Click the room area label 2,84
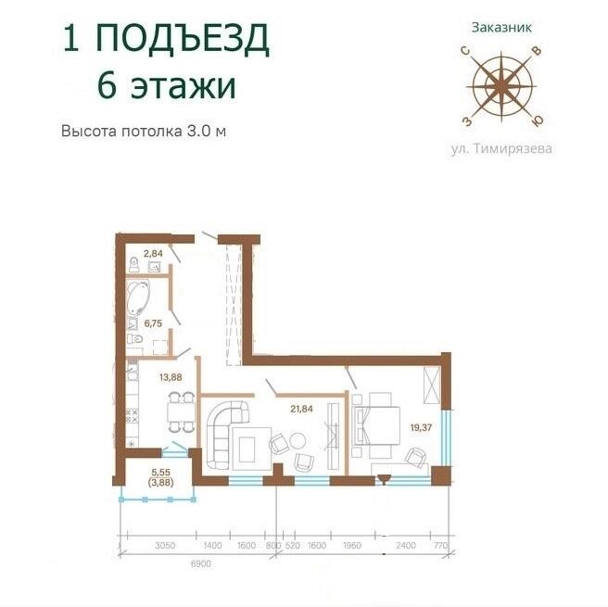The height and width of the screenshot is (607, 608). [x=153, y=254]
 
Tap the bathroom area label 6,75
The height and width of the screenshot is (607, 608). [x=153, y=323]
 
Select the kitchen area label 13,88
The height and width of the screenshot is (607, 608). [x=171, y=377]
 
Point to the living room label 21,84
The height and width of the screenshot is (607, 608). [x=301, y=409]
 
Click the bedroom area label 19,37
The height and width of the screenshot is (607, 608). [x=421, y=428]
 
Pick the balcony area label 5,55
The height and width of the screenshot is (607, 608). [x=161, y=473]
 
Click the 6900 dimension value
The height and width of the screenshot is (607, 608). [x=201, y=563]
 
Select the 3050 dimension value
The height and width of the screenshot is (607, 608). [x=165, y=546]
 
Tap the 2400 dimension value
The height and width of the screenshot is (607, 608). [x=406, y=546]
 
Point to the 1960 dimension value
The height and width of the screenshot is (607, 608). [x=352, y=546]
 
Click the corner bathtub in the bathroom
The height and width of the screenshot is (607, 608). [x=138, y=297]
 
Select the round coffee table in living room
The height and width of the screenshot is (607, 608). [x=297, y=441]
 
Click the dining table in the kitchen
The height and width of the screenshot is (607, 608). [x=181, y=412]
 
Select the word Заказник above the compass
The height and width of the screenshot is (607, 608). [x=501, y=28]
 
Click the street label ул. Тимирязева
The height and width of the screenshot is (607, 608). [x=501, y=149]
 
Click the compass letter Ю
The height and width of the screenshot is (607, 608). [x=538, y=121]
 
